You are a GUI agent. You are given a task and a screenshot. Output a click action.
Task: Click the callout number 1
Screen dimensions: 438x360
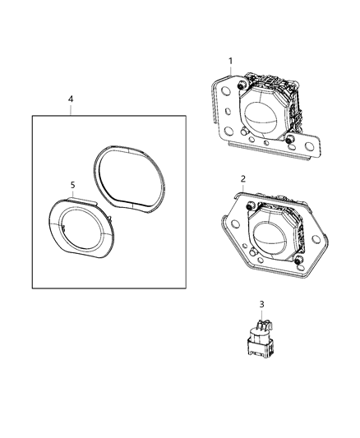coord(231,60)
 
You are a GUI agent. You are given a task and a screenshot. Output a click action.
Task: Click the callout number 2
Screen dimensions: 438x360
coord(242,178)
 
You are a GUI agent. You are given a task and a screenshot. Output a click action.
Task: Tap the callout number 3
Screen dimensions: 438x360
coord(261,305)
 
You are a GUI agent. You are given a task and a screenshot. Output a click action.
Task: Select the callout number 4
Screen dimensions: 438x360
coord(71,99)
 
